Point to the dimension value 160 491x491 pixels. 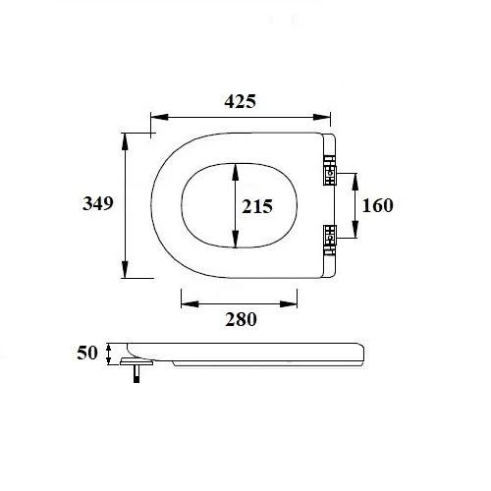(378, 205)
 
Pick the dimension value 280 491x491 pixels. (240, 318)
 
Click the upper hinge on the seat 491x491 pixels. (329, 174)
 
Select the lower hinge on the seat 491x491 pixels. (329, 235)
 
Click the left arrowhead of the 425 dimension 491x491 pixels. (154, 114)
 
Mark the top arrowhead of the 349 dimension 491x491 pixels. (126, 136)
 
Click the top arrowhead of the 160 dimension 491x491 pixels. (355, 177)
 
